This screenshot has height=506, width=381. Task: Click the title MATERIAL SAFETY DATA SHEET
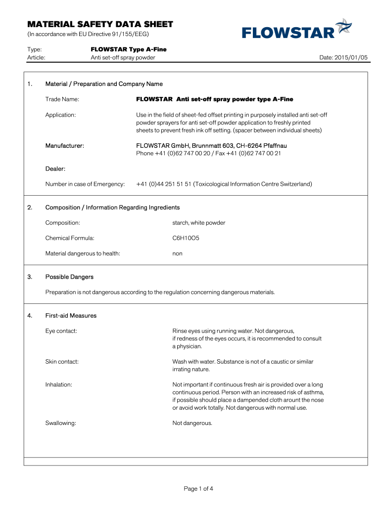point(100,24)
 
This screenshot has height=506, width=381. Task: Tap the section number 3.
point(31,277)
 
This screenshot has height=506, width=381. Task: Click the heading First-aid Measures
point(71,315)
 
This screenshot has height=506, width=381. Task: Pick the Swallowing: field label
point(61,423)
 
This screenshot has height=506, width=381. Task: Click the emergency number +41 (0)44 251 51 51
point(164,184)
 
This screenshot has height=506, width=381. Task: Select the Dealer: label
point(55,169)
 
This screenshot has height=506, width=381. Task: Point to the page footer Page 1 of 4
point(198,489)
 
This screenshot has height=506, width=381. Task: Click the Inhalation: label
point(59,384)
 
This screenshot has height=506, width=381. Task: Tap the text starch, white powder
point(198,223)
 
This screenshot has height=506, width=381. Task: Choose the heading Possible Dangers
point(69,277)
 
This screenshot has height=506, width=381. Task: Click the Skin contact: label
point(62,362)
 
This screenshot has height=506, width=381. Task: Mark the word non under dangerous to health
point(177,253)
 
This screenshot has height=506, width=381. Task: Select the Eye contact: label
point(61,331)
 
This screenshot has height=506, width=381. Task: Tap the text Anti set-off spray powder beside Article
point(123,57)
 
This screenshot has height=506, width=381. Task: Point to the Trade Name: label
point(62,99)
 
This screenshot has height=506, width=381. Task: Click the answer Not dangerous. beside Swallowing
point(192,423)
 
